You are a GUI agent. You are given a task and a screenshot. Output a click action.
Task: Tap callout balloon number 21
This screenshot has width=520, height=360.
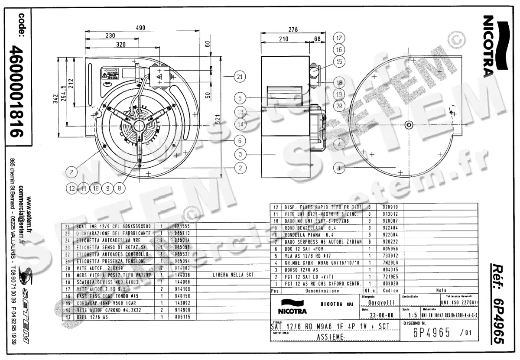240,77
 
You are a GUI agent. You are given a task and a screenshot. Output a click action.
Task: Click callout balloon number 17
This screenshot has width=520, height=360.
339,38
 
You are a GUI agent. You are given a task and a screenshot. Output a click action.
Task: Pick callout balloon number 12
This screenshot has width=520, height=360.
71,188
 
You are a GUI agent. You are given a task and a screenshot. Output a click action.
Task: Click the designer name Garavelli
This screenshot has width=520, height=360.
377,302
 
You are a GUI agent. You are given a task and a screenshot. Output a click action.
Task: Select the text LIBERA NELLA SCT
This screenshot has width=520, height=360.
233,275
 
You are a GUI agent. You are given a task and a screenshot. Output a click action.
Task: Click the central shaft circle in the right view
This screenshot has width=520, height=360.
409,125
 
